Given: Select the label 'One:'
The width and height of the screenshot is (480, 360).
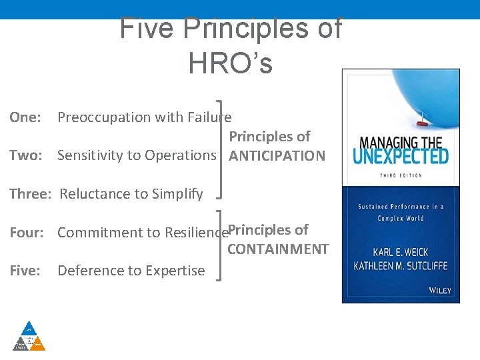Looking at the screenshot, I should pos(25,117).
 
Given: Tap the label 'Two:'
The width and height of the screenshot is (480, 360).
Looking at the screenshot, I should pos(26,155).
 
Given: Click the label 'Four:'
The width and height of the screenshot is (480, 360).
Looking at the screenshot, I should pos(27,233).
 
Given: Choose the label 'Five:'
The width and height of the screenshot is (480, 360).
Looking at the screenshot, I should pos(25,271).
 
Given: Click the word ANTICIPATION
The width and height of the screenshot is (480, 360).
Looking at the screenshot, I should pos(277,156).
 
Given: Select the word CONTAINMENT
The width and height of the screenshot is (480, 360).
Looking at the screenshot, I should pos(278,249).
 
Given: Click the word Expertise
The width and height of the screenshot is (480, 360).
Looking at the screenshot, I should pos(173,271).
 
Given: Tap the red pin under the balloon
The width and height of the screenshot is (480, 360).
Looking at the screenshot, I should pos(420,122).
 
